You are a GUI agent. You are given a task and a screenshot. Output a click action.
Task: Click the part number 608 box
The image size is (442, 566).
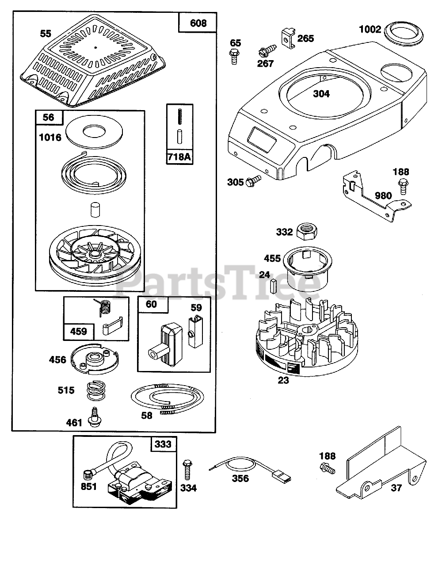[x=198, y=23]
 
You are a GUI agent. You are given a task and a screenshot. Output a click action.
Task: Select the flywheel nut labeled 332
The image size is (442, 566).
[x=306, y=231]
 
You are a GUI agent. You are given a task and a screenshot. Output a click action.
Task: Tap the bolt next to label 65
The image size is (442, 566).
[x=234, y=57]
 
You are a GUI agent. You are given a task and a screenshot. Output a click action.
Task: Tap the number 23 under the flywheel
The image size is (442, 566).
[x=283, y=379]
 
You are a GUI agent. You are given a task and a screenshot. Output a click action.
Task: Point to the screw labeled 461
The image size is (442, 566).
[x=94, y=417]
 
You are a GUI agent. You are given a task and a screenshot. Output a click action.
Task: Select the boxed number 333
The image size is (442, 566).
[x=163, y=444]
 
